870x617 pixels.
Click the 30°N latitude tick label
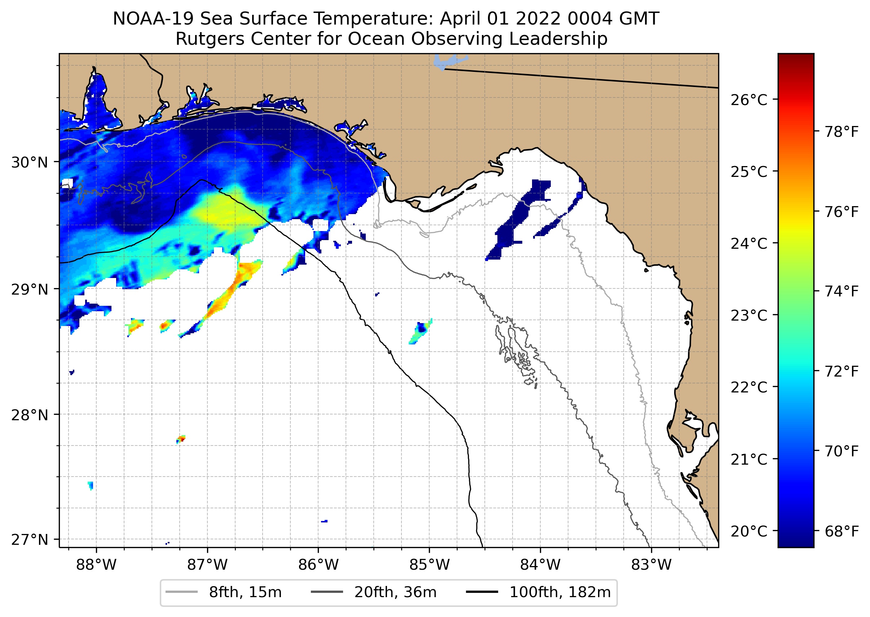tap(30, 162)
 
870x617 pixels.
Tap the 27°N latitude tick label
tap(30, 539)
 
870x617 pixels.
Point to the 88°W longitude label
tap(96, 565)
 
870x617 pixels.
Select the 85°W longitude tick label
tap(429, 565)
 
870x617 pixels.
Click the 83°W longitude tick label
tap(651, 565)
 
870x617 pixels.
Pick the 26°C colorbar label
tap(749, 100)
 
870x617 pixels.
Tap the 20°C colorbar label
tap(749, 531)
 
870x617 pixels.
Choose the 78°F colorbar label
tap(842, 132)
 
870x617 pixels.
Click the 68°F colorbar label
tap(842, 531)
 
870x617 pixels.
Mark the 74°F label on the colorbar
tap(842, 291)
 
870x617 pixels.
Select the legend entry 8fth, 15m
tap(245, 592)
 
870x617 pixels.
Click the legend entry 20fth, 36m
tap(395, 592)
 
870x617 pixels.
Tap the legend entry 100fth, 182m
tap(559, 592)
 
